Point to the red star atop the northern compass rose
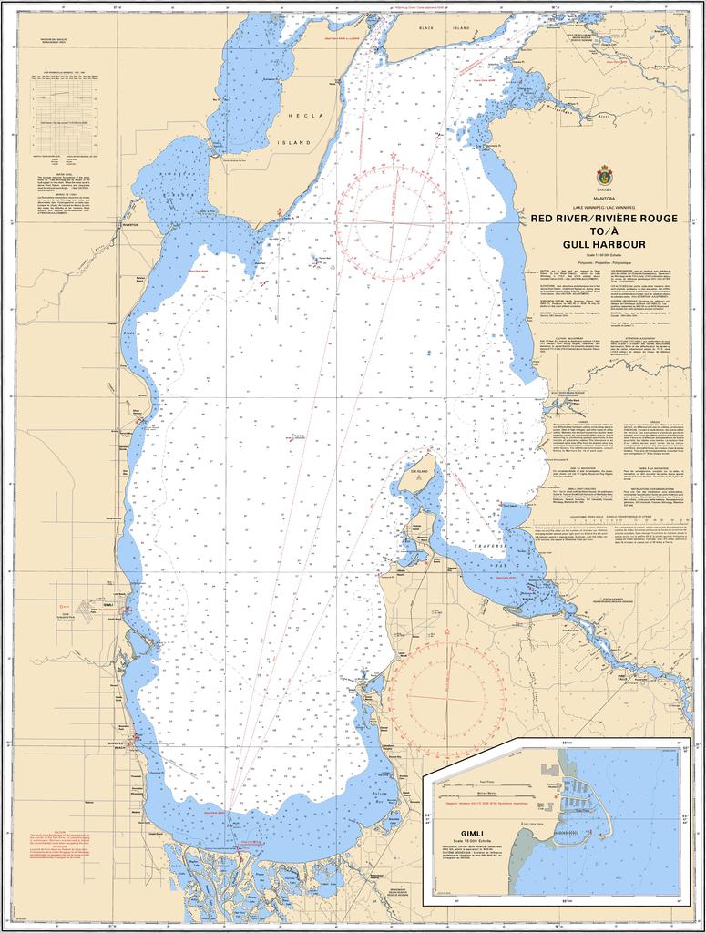(393, 156)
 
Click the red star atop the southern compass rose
(447, 631)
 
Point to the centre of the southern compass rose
(447, 697)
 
